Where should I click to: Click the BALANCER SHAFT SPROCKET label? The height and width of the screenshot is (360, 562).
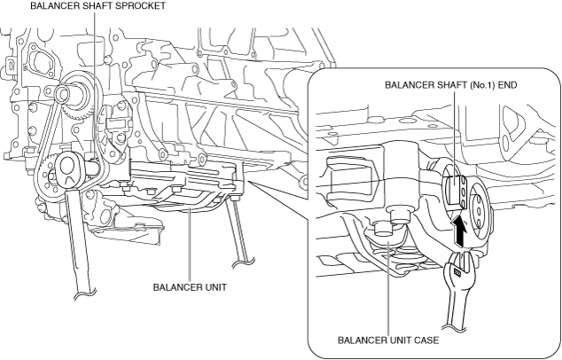(x=98, y=5)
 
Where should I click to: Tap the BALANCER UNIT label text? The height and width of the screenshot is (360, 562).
(x=190, y=287)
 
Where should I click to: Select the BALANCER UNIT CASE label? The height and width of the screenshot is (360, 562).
(x=388, y=340)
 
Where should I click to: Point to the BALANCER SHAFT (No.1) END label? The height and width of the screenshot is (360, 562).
(x=451, y=85)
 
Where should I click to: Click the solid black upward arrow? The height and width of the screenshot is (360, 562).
(x=459, y=231)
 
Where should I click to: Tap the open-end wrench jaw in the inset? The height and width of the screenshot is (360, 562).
(x=459, y=265)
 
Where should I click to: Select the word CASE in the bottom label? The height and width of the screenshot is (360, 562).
(x=425, y=340)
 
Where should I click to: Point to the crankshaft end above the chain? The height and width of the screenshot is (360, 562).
(x=65, y=93)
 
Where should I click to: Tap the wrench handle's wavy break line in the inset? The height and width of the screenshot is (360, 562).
(x=452, y=326)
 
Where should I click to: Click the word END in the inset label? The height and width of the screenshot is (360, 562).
(x=508, y=85)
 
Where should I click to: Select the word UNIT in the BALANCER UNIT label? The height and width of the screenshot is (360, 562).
(x=215, y=287)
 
